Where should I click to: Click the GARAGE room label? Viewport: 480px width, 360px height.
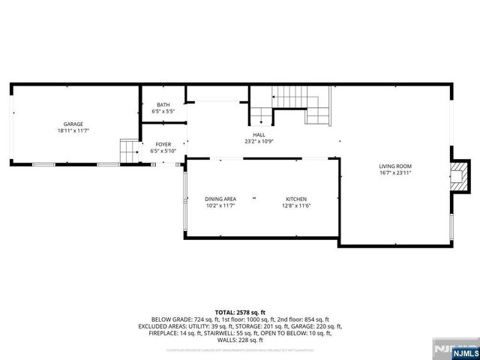tap(73, 124)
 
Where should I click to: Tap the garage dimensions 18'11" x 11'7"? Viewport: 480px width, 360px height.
tap(73, 131)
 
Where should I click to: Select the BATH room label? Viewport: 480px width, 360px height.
tap(163, 104)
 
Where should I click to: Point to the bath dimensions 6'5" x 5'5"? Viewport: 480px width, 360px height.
tap(163, 112)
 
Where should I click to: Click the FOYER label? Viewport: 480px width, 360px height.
tap(163, 144)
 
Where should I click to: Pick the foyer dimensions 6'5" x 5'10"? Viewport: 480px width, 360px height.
tap(163, 151)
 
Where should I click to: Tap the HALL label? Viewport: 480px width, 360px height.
tap(259, 134)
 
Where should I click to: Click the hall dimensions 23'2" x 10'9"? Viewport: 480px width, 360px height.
tap(259, 141)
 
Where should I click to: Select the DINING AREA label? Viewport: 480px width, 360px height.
tap(220, 199)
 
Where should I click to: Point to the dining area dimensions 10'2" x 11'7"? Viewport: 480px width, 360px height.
tap(220, 205)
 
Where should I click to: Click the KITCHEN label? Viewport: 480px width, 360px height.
tap(295, 199)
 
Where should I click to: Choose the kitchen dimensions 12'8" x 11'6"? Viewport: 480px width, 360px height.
tap(295, 205)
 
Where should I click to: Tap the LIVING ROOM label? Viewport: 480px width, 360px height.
tap(394, 166)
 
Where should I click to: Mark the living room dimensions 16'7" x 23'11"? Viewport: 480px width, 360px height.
tap(394, 173)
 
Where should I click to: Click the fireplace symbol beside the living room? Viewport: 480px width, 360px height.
tap(459, 176)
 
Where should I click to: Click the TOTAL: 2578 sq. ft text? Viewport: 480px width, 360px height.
tap(240, 311)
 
